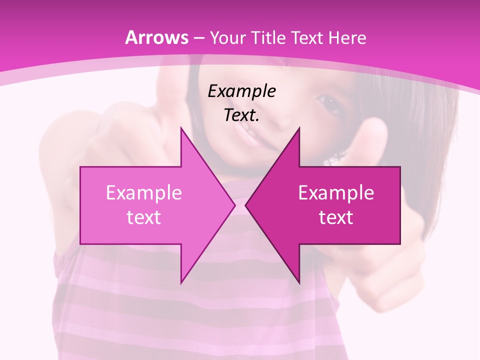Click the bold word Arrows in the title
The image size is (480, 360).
pyautogui.click(x=156, y=37)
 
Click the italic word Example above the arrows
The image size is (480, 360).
pyautogui.click(x=242, y=91)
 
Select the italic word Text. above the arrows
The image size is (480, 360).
pyautogui.click(x=242, y=115)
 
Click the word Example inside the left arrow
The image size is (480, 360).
pyautogui.click(x=144, y=193)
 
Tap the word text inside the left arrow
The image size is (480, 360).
pyautogui.click(x=144, y=217)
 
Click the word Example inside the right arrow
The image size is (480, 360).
pyautogui.click(x=336, y=193)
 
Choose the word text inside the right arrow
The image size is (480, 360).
pyautogui.click(x=336, y=217)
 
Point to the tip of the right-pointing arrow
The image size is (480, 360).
pyautogui.click(x=234, y=205)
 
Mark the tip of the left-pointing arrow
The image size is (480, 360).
pyautogui.click(x=246, y=205)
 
